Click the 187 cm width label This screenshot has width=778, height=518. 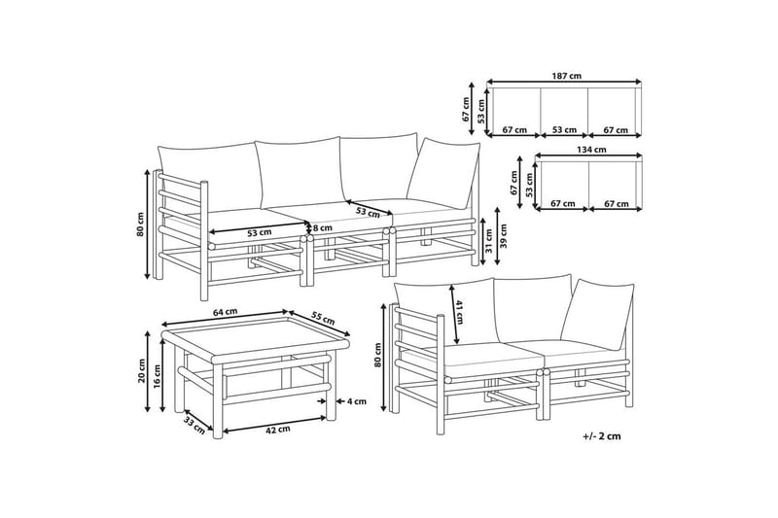[x=566, y=77]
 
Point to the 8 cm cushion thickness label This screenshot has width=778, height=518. [x=322, y=228]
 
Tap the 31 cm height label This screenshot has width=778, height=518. [x=489, y=240]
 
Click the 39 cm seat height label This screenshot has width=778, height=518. [x=504, y=236]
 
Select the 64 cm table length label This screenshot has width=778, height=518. [x=225, y=312]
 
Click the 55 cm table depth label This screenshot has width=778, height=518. [x=323, y=318]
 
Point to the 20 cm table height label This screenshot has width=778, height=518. [x=141, y=371]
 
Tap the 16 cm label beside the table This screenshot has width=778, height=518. [x=157, y=376]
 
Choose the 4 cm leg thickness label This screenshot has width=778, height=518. [x=356, y=401]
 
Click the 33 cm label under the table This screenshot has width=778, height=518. [x=194, y=425]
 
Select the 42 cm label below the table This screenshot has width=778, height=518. [x=278, y=430]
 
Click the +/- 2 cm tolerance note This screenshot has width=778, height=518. [x=602, y=436]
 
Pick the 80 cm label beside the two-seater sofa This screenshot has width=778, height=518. [x=378, y=355]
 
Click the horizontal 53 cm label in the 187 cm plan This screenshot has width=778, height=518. [x=564, y=130]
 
